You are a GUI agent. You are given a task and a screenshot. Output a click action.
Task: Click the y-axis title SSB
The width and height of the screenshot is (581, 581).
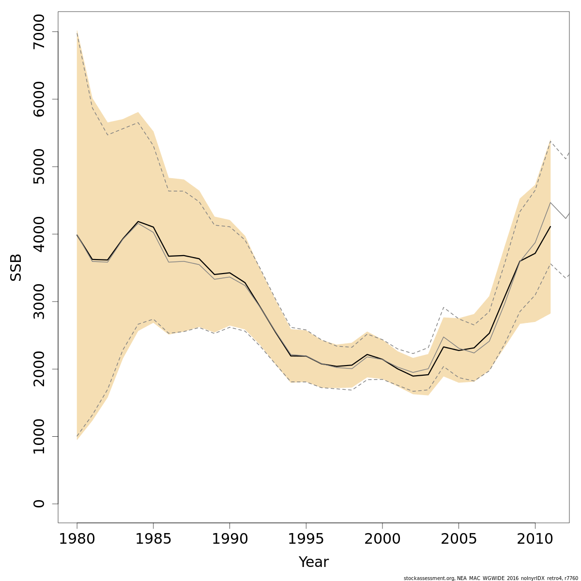(16, 267)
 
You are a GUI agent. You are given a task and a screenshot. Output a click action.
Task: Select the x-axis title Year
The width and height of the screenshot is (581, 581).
(313, 562)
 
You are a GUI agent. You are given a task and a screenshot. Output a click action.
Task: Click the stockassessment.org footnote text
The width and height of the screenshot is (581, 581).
(490, 578)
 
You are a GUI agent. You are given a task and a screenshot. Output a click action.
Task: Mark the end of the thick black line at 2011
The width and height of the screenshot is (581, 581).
(550, 226)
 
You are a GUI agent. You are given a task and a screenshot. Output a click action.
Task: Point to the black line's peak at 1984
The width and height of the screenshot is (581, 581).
(138, 222)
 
